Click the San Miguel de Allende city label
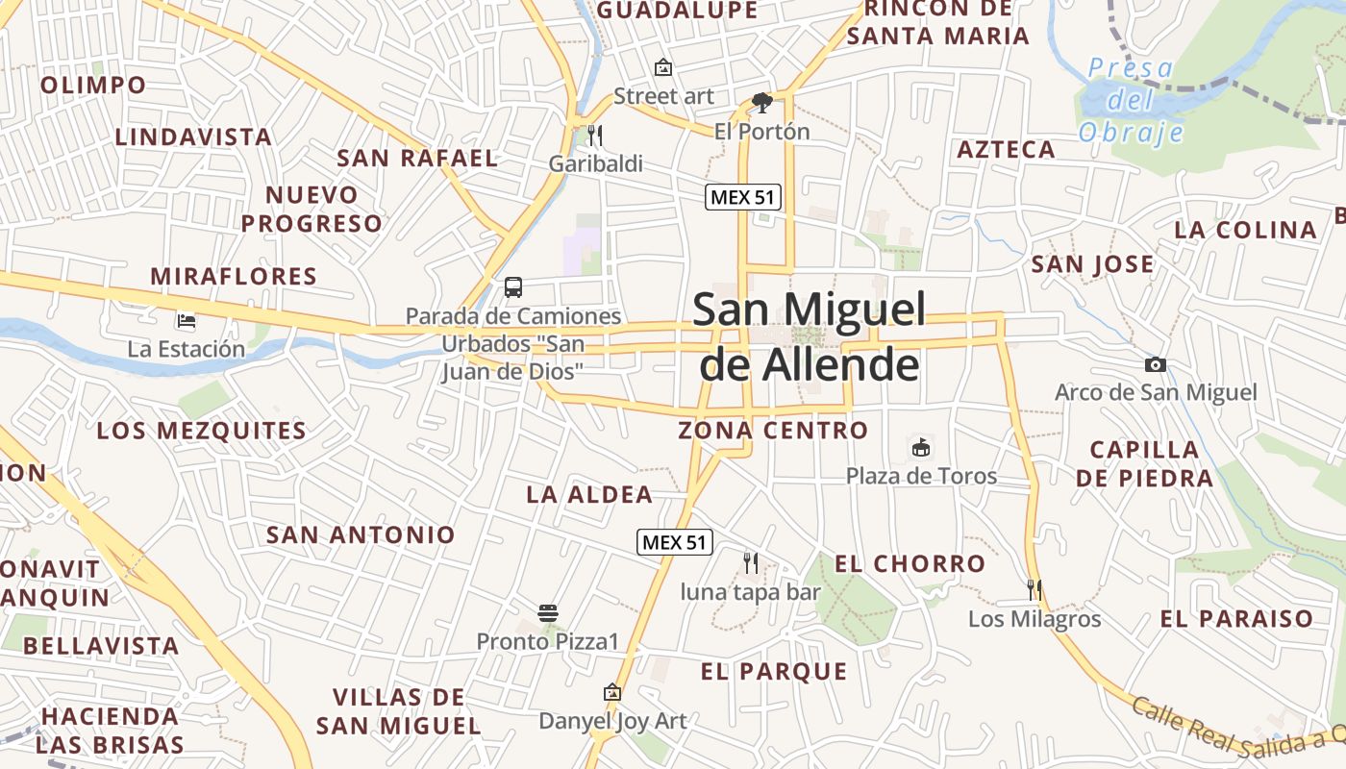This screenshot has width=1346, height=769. [x=809, y=336]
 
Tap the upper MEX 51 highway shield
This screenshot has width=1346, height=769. [x=743, y=198]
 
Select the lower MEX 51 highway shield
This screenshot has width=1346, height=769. [x=675, y=542]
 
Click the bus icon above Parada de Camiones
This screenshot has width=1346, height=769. [x=513, y=286]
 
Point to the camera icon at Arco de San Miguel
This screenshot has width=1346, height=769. [x=1156, y=364]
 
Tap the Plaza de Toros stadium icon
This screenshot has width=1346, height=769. [x=921, y=447]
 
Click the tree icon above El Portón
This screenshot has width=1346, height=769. [x=762, y=102]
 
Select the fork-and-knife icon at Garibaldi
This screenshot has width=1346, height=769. [x=595, y=136]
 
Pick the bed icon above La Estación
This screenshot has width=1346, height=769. [x=187, y=320]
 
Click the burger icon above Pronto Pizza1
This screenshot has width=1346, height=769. [x=548, y=612]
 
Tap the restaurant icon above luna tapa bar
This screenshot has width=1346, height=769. [x=751, y=562]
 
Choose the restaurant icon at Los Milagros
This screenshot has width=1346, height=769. [x=1034, y=589]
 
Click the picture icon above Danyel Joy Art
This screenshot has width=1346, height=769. [x=612, y=692]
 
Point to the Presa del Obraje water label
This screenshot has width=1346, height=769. [x=1131, y=100]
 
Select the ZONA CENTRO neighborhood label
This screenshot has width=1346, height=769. [x=773, y=431]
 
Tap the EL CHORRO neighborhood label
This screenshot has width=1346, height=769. [x=910, y=564]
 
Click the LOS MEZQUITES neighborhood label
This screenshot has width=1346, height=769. [x=202, y=431]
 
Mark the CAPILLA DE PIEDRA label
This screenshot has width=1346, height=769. [x=1144, y=463]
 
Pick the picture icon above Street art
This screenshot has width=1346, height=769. [x=662, y=67]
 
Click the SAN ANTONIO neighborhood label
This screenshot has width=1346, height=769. [x=361, y=535]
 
